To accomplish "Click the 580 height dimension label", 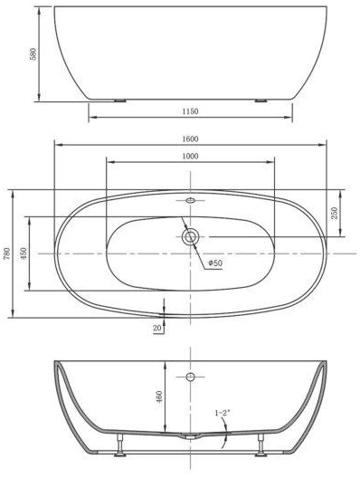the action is [x=33, y=53].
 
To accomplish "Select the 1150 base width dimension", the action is [x=190, y=111].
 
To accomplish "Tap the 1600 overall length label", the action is [x=190, y=139].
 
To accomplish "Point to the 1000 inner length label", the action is [x=190, y=157].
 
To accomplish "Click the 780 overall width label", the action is [x=6, y=253].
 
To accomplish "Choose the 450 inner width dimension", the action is [x=24, y=253].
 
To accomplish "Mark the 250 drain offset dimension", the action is [x=335, y=213].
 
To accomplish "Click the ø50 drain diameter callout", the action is [x=216, y=263].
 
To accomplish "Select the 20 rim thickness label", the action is [x=156, y=329].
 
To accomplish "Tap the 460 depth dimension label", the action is [x=159, y=397].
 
